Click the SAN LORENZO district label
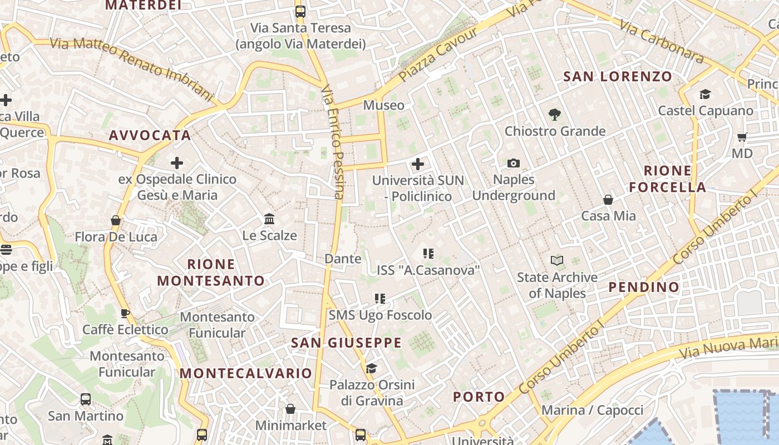618,77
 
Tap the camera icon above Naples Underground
514,163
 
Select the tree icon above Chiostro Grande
554,115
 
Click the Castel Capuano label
706,111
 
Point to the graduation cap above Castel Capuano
706,94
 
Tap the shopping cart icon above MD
742,137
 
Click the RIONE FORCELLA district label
668,179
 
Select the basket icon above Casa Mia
608,200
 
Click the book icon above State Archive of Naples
556,260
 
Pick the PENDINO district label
644,287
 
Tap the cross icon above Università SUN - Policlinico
418,164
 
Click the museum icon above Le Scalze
270,219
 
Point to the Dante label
343,259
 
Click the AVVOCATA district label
150,135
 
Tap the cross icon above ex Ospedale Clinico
177,163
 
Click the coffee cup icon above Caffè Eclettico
125,313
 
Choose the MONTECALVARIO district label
246,373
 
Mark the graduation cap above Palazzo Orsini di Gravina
371,368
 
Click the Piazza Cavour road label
438,54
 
